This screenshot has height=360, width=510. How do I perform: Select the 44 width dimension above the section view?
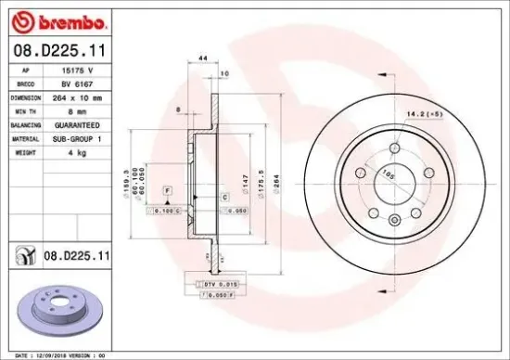[202, 58]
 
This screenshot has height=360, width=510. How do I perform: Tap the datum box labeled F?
[166, 189]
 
